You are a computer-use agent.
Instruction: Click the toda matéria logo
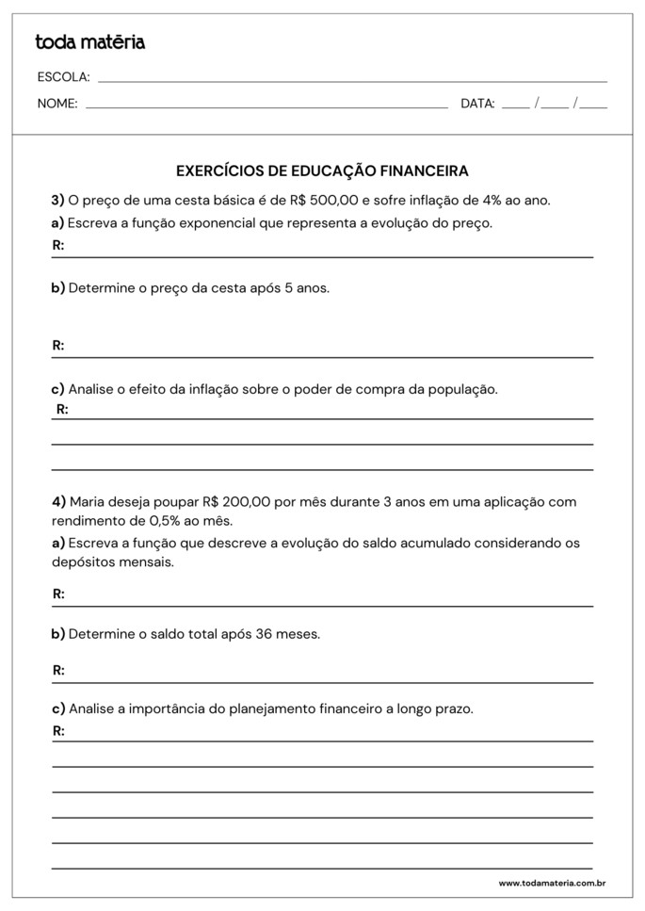pos(90,42)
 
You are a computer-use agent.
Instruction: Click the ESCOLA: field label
pos(63,77)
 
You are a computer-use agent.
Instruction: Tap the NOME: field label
pos(57,104)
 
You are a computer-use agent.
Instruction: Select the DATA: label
pos(477,104)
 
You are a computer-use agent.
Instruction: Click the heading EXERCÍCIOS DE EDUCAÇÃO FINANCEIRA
pos(322,171)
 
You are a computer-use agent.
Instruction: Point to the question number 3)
pos(57,200)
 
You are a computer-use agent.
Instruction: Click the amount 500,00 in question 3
pos(336,200)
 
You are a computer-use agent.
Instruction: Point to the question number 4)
pos(58,501)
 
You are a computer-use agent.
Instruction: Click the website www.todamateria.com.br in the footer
pos(551,883)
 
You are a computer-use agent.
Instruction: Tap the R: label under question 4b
pos(58,671)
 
